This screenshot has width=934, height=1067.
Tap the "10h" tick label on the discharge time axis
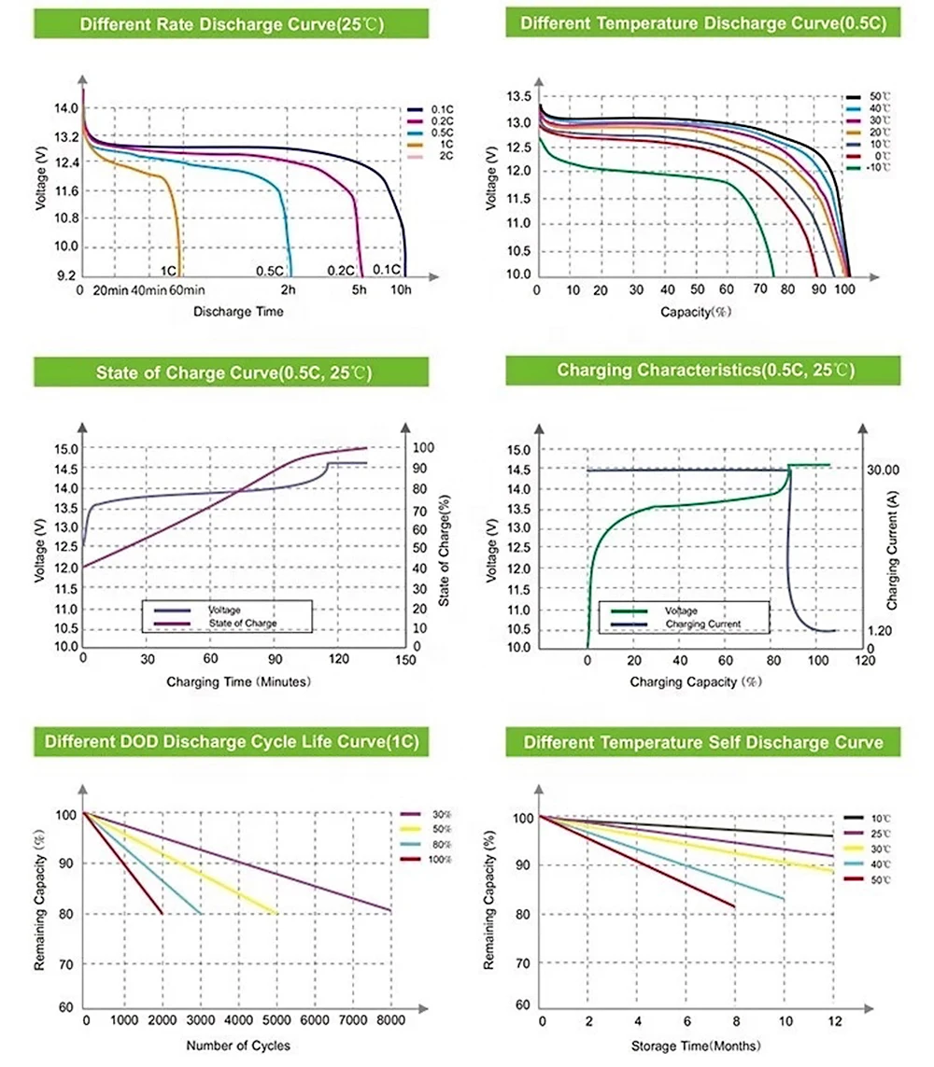[x=401, y=290]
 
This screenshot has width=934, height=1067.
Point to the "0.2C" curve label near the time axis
[x=341, y=271]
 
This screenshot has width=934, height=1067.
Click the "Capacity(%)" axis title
[x=695, y=312]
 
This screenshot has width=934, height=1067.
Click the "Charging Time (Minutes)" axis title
[x=238, y=681]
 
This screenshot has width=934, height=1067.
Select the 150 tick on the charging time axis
[x=405, y=659]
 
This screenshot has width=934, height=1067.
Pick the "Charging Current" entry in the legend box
[x=702, y=624]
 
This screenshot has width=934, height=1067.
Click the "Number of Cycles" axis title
[x=238, y=1044]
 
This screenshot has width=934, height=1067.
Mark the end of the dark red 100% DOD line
[x=162, y=913]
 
